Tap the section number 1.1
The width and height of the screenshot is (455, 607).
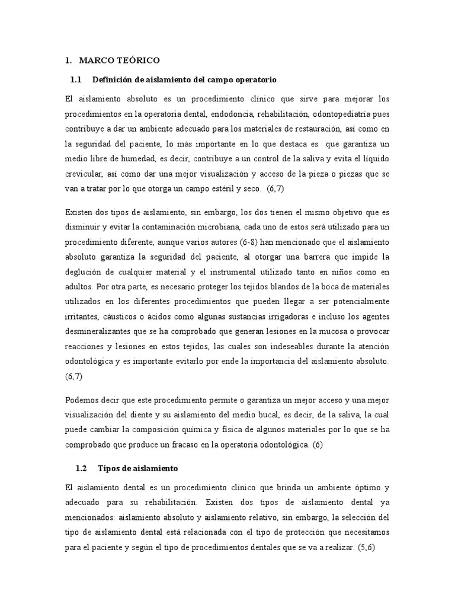(75, 79)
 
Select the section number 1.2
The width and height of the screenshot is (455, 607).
(81, 468)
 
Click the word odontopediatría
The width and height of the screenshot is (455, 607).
(338, 114)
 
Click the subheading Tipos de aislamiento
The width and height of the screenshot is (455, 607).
(138, 468)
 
